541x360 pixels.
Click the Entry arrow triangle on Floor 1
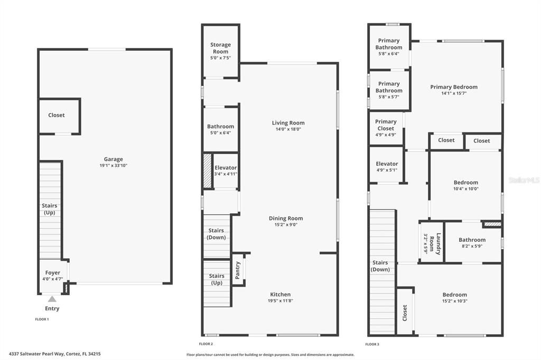pos(52,299)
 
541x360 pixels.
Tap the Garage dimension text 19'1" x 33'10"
pos(113,166)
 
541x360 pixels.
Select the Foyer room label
pos(52,273)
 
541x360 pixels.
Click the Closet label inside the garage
pos(57,115)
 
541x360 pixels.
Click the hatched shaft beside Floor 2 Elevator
pos(207,170)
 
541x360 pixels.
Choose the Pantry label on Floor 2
pos(237,269)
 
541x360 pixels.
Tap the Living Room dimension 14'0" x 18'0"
pos(288,129)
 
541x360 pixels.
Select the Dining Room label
pos(286,218)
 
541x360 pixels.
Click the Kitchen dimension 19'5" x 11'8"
pos(281,301)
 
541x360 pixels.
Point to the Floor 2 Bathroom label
pos(220,127)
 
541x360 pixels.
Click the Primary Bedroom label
pos(454,87)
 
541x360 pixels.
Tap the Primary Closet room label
pos(386,125)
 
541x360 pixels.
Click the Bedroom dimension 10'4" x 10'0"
pos(465,189)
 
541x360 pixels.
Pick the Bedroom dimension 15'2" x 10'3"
pos(455,301)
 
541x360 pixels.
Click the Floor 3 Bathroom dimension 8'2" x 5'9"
pos(472,246)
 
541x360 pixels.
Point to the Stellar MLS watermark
pos(524,180)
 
